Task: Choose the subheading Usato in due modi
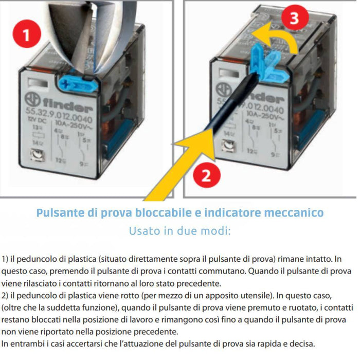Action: pos(179,230)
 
